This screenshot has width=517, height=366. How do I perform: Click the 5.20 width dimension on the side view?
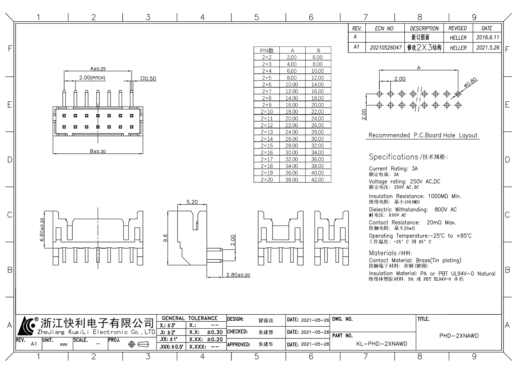tap(191, 202)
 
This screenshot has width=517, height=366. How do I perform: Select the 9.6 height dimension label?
tap(164, 238)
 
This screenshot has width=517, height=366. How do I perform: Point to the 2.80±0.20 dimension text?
tap(238, 275)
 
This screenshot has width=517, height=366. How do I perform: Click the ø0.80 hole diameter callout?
tap(471, 82)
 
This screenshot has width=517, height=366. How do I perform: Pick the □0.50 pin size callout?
tap(148, 78)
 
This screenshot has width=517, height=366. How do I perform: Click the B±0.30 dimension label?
tap(98, 151)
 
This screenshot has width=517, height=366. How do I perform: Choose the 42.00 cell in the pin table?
tap(318, 179)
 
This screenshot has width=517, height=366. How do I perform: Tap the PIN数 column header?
tap(267, 50)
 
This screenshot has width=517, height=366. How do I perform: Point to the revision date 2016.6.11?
tap(487, 37)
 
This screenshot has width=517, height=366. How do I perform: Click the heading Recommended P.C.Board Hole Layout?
tap(423, 135)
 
